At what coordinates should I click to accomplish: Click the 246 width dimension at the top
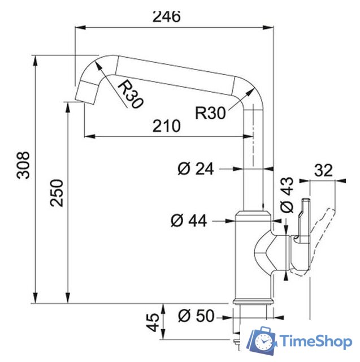pos(166,16)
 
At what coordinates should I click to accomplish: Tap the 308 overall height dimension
pos(23,165)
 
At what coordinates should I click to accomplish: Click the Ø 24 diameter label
pos(196,169)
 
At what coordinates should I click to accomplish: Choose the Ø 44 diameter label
pos(188,221)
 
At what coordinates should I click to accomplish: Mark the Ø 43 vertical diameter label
pos(287,196)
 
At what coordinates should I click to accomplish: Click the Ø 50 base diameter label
pos(196,316)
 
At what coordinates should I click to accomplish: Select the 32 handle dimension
pos(323,170)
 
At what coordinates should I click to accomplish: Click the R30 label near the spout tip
pos(131,93)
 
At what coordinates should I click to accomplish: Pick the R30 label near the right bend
pos(210,112)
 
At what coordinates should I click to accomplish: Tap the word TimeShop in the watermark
pos(316,342)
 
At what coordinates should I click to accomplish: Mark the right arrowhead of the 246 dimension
pos(270,26)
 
